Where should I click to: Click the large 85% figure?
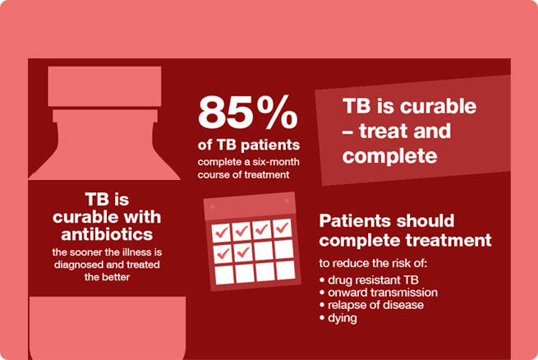tap(248, 113)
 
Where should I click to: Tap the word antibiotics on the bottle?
tap(107, 234)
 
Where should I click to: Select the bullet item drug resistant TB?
tap(369, 280)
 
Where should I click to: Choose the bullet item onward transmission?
tap(379, 293)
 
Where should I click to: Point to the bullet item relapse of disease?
tap(371, 305)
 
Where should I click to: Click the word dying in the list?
tap(343, 318)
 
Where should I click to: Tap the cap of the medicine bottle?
tap(104, 86)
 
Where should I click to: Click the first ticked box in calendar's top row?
tap(221, 233)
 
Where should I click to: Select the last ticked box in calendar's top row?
tap(283, 228)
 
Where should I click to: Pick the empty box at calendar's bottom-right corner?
tap(286, 270)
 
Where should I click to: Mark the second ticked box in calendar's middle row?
tap(244, 252)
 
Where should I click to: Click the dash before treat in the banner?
tap(347, 132)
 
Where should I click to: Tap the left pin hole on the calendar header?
tap(213, 206)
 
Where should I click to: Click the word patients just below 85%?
tap(270, 145)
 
